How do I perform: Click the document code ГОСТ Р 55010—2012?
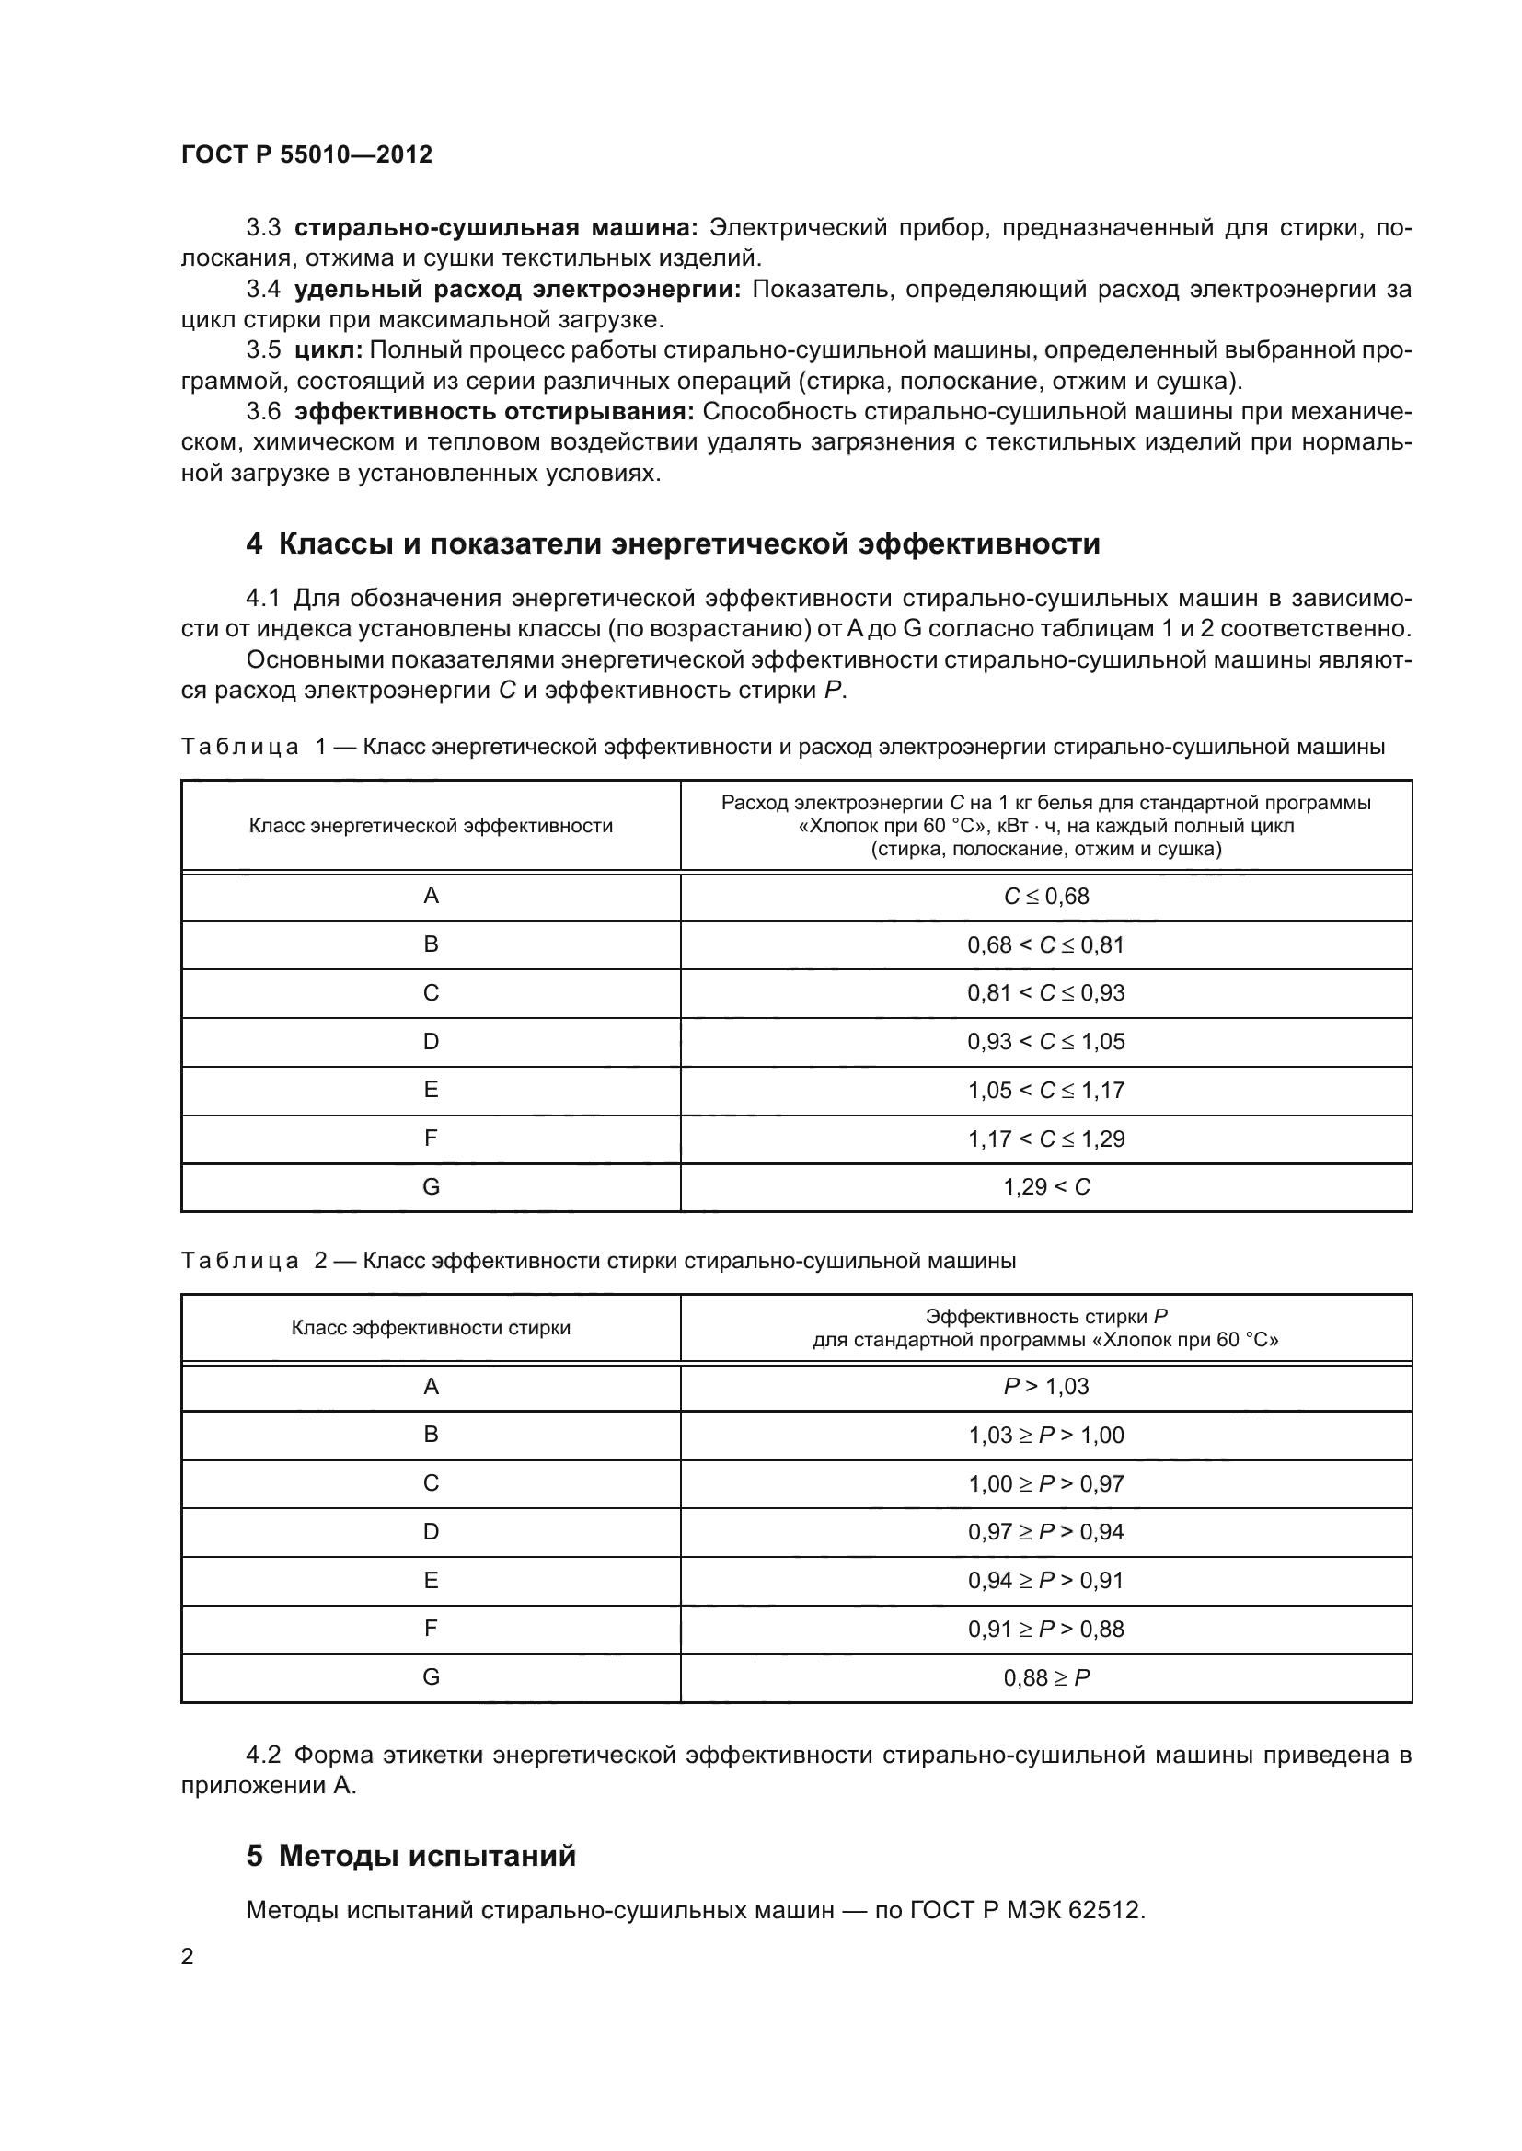[x=306, y=154]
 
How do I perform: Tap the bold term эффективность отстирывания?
[x=494, y=411]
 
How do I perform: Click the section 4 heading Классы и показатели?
[x=673, y=543]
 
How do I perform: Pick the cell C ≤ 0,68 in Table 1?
[x=1046, y=897]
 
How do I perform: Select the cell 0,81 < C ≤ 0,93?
[x=1046, y=993]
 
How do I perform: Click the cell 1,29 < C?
[x=1046, y=1187]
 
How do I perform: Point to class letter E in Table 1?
[x=431, y=1090]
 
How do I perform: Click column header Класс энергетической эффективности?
[x=431, y=825]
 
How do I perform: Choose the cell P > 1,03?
[x=1046, y=1387]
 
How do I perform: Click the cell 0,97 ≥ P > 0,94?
[x=1046, y=1532]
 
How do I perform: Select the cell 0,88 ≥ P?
[x=1046, y=1678]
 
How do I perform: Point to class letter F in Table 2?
[x=431, y=1629]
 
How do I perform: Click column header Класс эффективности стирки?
[x=431, y=1328]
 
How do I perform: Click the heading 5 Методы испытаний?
[x=411, y=1855]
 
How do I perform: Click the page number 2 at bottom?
[x=188, y=1956]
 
